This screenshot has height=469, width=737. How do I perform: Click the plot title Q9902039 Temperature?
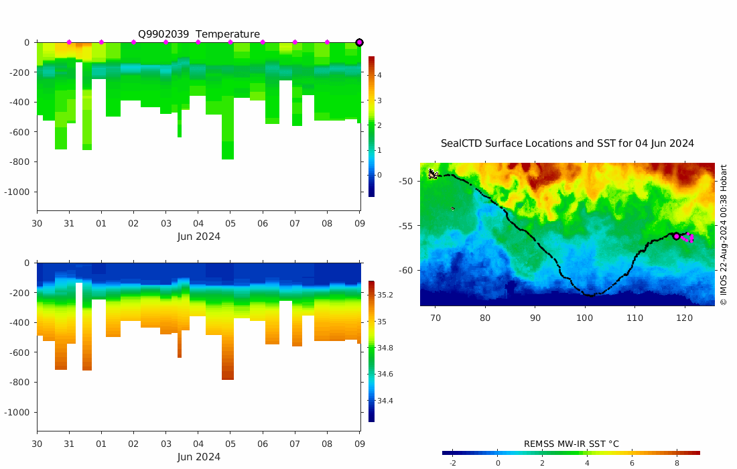199,34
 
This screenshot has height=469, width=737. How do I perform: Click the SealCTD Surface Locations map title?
567,143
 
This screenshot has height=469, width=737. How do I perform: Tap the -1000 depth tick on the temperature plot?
18,192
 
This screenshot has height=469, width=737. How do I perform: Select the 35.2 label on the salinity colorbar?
385,295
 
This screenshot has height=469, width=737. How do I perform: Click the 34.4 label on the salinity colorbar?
385,401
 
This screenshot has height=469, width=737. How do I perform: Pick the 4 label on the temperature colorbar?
379,75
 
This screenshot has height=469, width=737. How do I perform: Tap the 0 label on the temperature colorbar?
379,175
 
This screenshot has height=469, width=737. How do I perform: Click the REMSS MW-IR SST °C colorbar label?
571,444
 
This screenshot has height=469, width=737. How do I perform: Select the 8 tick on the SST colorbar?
677,463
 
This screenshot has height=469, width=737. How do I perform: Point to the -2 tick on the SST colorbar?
452,463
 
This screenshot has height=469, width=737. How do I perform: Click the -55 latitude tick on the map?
405,226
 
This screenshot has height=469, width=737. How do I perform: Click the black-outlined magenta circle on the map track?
676,236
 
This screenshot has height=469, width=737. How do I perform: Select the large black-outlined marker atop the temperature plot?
359,42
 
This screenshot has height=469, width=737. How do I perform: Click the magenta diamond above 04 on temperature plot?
198,42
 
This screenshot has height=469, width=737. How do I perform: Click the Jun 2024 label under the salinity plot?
198,457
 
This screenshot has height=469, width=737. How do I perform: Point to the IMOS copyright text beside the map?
723,234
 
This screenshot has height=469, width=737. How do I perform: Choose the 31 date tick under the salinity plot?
69,444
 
